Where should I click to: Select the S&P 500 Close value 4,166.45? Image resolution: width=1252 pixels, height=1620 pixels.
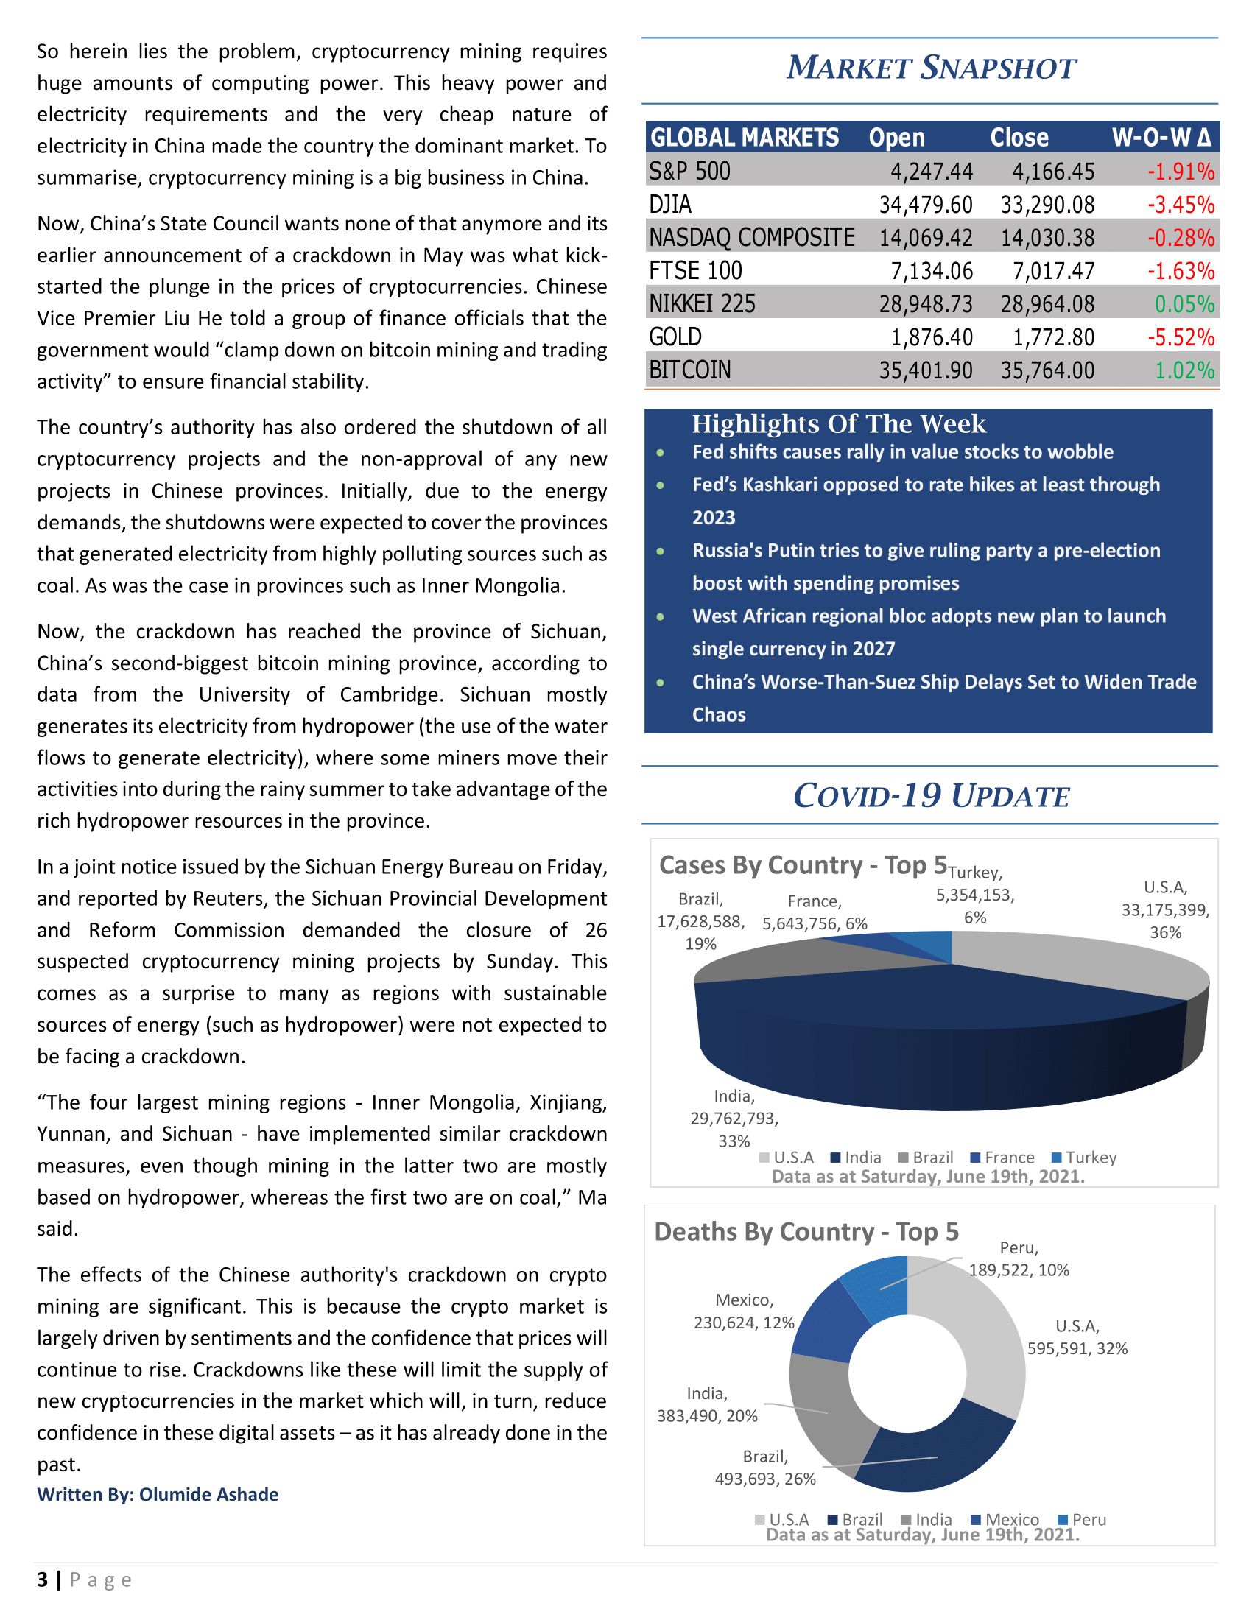click(x=1052, y=172)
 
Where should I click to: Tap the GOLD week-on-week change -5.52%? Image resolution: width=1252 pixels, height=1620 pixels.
click(x=1180, y=337)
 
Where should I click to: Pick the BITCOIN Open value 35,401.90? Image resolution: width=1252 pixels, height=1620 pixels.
click(x=925, y=370)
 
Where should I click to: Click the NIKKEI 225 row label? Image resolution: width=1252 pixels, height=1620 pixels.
click(x=702, y=304)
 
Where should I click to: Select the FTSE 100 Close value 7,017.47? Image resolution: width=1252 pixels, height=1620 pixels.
click(x=1052, y=272)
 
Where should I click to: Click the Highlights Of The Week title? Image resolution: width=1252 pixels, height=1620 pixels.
click(x=838, y=424)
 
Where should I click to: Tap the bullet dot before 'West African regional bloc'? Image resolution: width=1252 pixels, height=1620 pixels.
click(x=660, y=616)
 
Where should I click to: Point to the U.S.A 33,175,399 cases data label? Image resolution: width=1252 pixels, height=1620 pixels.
click(x=1164, y=909)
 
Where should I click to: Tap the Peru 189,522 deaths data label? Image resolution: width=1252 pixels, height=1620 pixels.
click(x=1019, y=1259)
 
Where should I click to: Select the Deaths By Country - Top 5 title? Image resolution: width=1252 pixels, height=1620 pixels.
click(x=806, y=1232)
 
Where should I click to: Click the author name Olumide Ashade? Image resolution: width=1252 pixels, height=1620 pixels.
click(x=208, y=1495)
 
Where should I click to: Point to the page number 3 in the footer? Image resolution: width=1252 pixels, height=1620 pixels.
click(x=42, y=1580)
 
